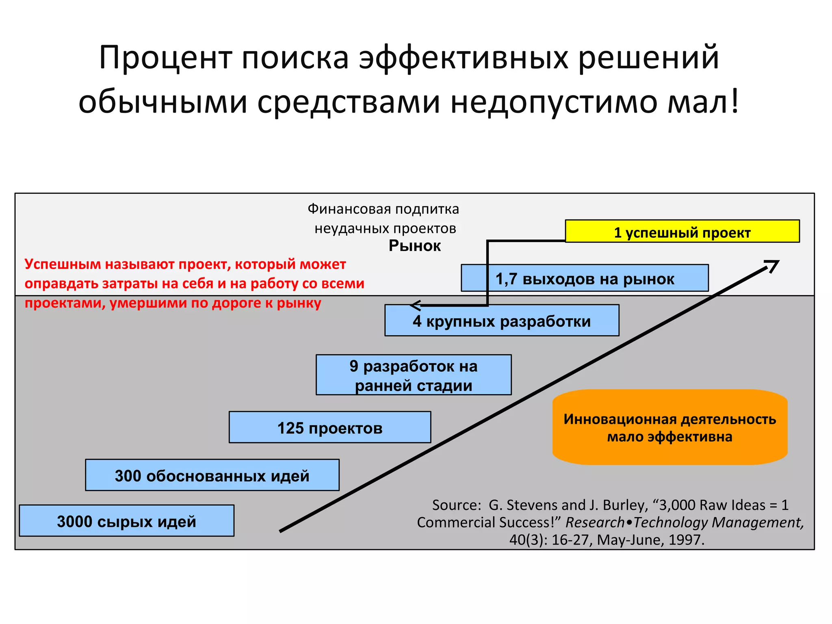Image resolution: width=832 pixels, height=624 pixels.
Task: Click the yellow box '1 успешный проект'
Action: coord(682,232)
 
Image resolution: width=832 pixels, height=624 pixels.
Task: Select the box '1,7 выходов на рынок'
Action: coord(585,278)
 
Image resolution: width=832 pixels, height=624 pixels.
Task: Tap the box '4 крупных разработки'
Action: coord(502,321)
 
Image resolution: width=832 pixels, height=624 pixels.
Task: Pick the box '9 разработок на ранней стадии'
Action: coord(414,375)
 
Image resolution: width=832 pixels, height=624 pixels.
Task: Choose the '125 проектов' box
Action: coord(330,427)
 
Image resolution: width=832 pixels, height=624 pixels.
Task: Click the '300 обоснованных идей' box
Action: coord(212,475)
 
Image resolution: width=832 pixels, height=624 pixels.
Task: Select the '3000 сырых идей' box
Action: coord(126,521)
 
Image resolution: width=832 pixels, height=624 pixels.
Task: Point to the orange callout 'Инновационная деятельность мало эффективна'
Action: coord(669,427)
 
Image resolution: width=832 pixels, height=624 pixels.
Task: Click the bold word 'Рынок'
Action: coord(414,246)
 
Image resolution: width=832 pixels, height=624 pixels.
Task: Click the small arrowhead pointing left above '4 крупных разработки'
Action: coord(414,305)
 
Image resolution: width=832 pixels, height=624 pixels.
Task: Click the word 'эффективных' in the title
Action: coord(464,58)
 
